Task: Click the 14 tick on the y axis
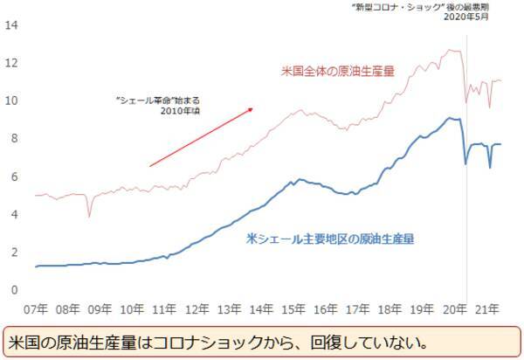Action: (12, 25)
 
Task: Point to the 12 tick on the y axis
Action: (12, 63)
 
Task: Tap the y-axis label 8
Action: (14, 139)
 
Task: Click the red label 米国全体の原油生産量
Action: (338, 71)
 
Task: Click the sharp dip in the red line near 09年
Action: (88, 215)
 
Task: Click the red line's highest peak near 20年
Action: (450, 51)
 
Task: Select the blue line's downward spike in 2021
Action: (490, 167)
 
